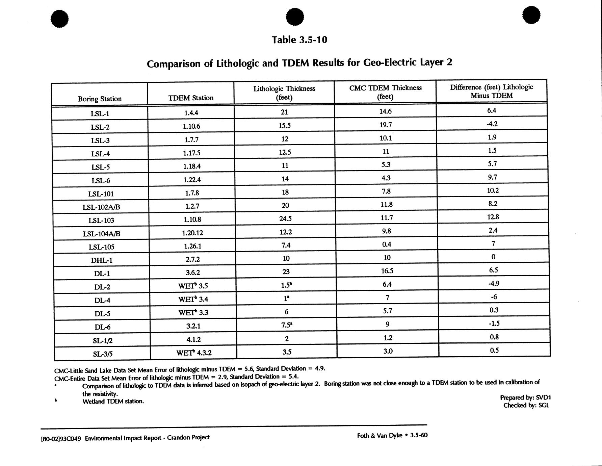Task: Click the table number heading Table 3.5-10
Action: click(x=299, y=40)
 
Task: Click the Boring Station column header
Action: click(x=100, y=99)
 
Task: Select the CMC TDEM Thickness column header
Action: click(x=385, y=92)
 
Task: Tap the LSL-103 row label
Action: click(x=101, y=221)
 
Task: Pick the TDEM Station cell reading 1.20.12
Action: click(x=192, y=233)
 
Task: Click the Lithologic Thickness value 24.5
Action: click(x=285, y=218)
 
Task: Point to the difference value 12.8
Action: click(x=493, y=217)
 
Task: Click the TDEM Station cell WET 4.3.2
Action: click(x=194, y=353)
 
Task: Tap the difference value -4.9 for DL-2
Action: click(x=493, y=283)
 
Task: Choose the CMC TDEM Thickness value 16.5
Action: click(x=387, y=271)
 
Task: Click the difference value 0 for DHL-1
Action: click(x=493, y=257)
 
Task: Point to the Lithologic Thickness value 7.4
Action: click(x=286, y=245)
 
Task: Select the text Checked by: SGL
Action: click(x=526, y=406)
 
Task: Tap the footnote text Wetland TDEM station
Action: click(x=113, y=402)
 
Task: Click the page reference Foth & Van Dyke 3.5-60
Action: click(x=392, y=436)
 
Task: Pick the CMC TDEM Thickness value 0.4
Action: click(x=387, y=244)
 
